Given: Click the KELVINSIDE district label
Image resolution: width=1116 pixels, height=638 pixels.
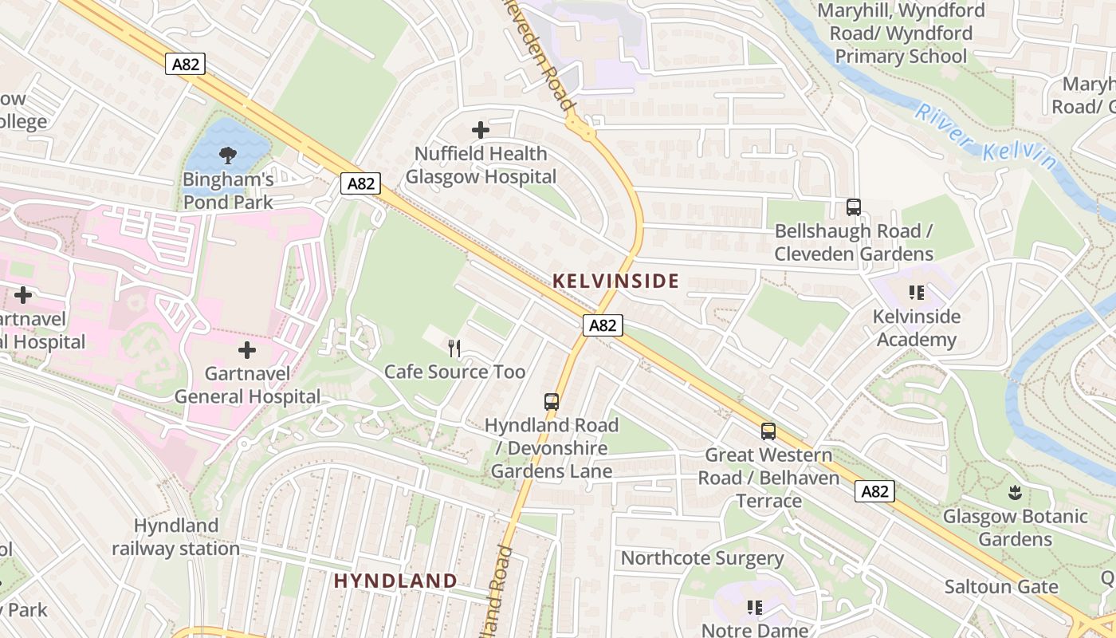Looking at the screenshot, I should click(x=615, y=281).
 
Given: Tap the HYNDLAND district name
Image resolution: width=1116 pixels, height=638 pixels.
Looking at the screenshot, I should click(x=395, y=581).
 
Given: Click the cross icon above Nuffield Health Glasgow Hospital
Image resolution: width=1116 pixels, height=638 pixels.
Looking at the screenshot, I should click(x=481, y=129).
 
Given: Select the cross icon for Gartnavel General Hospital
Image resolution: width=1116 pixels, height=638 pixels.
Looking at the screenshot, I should click(x=247, y=349).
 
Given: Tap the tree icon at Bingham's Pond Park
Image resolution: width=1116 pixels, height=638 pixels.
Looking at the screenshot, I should click(x=228, y=155).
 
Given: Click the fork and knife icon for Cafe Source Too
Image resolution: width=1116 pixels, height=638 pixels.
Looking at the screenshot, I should click(x=454, y=348).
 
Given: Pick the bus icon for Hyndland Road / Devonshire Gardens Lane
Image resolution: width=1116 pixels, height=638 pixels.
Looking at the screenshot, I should click(x=551, y=401).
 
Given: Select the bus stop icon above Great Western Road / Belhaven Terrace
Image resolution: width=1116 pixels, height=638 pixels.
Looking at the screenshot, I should click(x=768, y=431).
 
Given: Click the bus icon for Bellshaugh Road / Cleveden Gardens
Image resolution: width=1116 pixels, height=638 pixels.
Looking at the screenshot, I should click(x=854, y=207).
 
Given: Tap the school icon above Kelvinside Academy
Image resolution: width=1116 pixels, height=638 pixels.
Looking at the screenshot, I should click(x=916, y=293).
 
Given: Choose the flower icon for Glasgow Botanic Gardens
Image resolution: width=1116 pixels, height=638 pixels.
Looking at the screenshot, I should click(x=1015, y=492).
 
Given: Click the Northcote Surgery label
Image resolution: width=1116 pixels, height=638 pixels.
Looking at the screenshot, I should click(x=702, y=558).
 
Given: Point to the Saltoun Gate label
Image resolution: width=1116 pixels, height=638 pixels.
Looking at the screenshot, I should click(x=1001, y=587).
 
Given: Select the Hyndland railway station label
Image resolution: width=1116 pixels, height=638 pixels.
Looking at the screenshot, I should click(x=175, y=537).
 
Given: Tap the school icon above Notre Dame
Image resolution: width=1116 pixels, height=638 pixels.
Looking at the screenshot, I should click(x=754, y=608).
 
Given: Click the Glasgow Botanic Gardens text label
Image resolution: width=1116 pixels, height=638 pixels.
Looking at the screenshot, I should click(x=1016, y=527).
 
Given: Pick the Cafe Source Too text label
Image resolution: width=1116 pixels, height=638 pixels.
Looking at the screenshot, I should click(x=454, y=372).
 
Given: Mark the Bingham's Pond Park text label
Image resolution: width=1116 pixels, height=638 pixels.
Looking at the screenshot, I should click(x=228, y=191).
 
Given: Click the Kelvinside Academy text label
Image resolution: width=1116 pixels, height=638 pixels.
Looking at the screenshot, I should click(x=916, y=328).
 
